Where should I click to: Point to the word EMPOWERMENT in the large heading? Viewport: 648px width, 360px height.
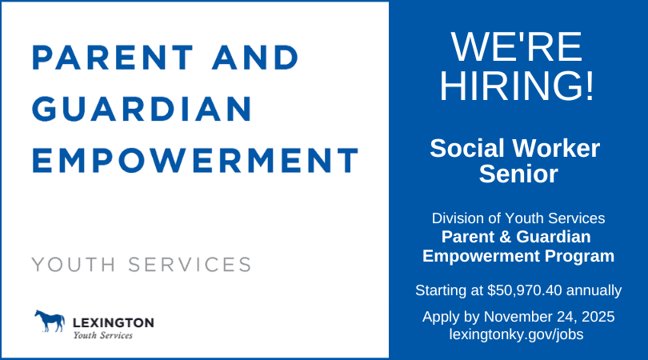(195, 160)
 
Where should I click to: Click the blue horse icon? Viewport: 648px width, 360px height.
(49, 322)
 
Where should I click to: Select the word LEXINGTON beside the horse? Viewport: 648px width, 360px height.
(113, 322)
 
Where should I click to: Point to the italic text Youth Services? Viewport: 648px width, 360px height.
(103, 335)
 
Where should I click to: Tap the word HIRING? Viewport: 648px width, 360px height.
(518, 86)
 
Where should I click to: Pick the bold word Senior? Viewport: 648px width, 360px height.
(518, 174)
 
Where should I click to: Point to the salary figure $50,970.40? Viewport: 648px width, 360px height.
(526, 289)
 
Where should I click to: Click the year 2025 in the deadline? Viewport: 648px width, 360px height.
(598, 317)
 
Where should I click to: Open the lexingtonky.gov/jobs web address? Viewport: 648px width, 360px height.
(518, 334)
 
